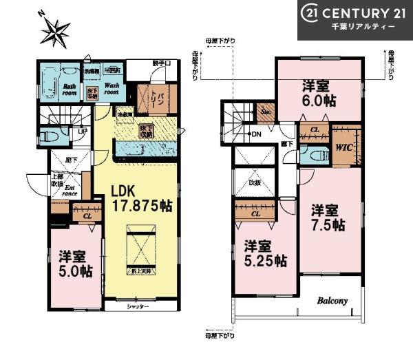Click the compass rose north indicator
54,30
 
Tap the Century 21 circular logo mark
311,13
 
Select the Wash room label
113,89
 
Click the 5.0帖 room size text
75,271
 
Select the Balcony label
333,301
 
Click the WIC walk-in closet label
343,147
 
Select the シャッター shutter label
137,306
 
